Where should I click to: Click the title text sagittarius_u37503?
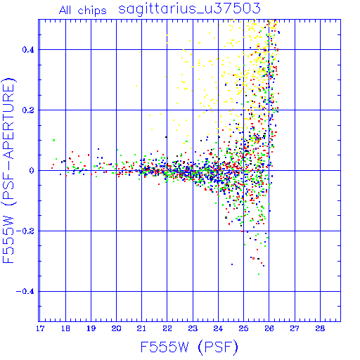point(189,9)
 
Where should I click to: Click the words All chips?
point(83,11)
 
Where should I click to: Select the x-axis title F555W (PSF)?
point(189,347)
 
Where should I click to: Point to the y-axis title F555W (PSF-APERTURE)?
point(8,171)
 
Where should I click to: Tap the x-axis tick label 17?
point(40,328)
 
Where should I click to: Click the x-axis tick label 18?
point(65,328)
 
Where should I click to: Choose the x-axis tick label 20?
point(116,328)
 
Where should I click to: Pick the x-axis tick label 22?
point(167,328)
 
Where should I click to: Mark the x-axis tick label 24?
point(218,328)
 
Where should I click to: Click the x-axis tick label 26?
point(269,328)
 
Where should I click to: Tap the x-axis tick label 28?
point(320,328)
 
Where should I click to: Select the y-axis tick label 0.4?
point(28,50)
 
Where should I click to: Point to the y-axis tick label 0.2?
point(28,110)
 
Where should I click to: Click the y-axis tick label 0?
point(32,171)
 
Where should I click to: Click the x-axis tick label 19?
point(91,328)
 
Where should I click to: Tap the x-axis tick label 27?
point(295,328)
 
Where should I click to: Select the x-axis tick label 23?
point(193,328)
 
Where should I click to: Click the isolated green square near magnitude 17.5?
point(54,141)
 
